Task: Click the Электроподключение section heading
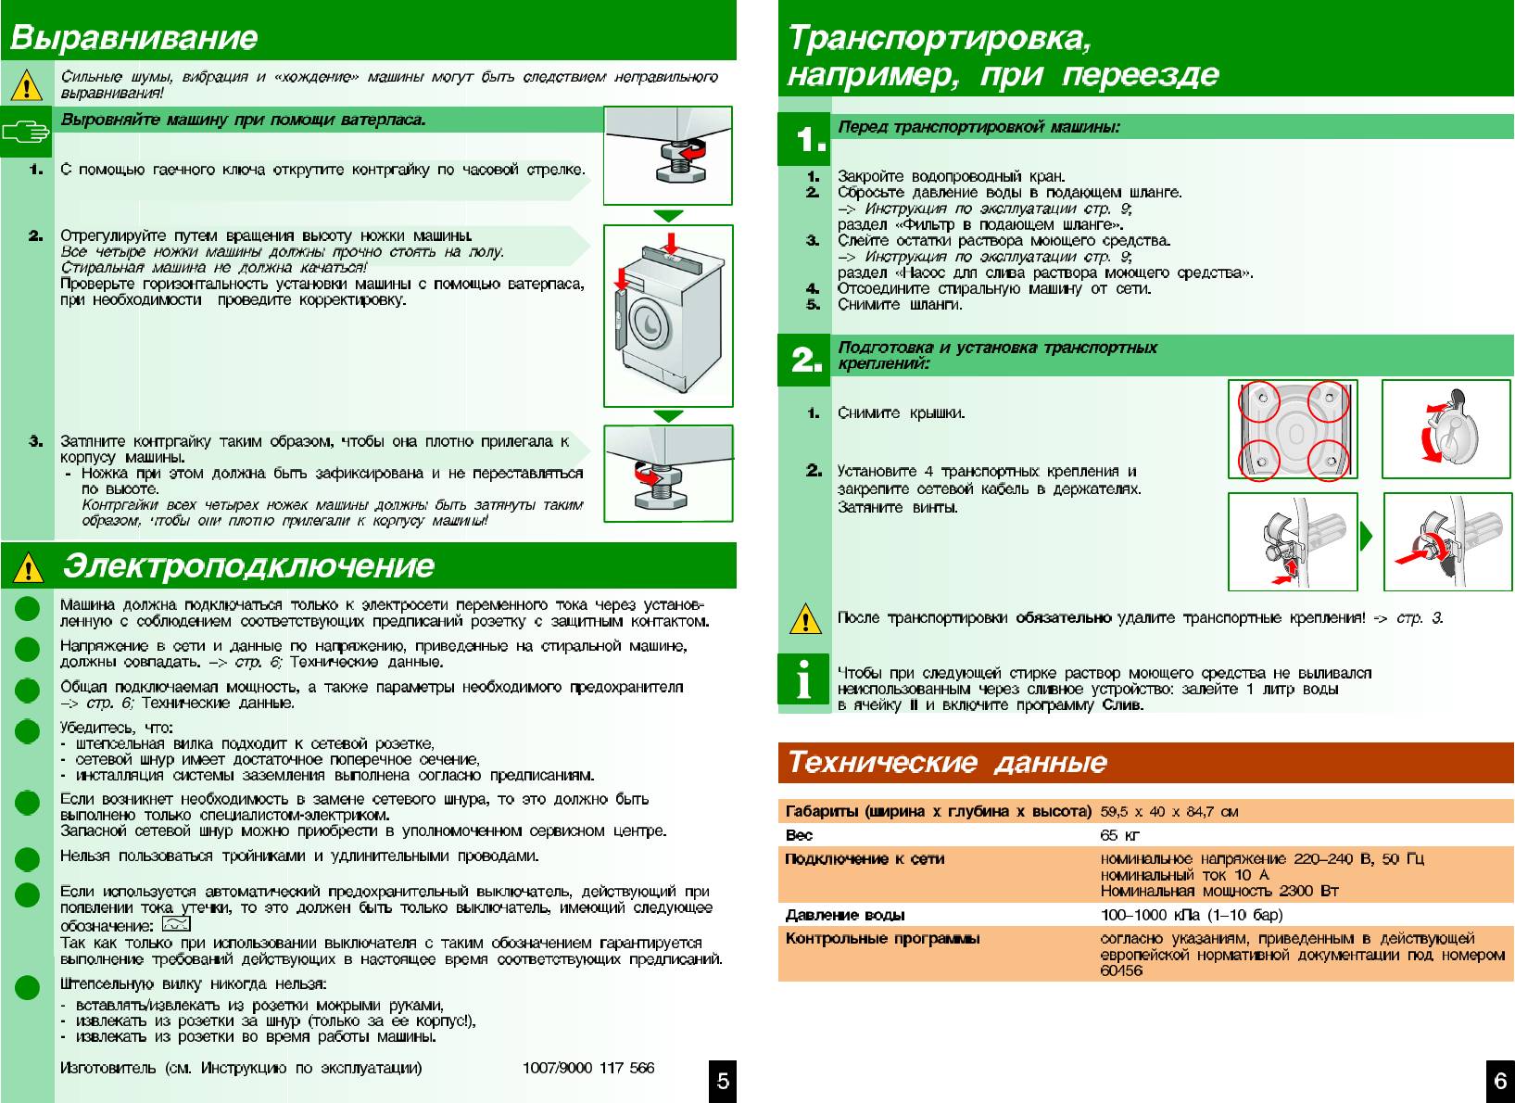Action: [248, 565]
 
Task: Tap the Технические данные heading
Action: [947, 763]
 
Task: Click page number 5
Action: [723, 1082]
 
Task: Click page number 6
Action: [1500, 1082]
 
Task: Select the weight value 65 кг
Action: [1120, 835]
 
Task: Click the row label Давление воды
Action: [845, 916]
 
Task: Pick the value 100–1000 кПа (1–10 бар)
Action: [1192, 916]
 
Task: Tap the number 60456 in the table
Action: [1121, 970]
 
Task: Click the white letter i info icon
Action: [804, 681]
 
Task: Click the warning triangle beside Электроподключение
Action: [28, 566]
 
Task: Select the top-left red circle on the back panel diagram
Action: [1258, 402]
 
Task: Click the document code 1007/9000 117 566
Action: [588, 1068]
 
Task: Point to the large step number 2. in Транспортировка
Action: [806, 360]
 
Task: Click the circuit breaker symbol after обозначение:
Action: [175, 924]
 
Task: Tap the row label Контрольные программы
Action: [882, 939]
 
